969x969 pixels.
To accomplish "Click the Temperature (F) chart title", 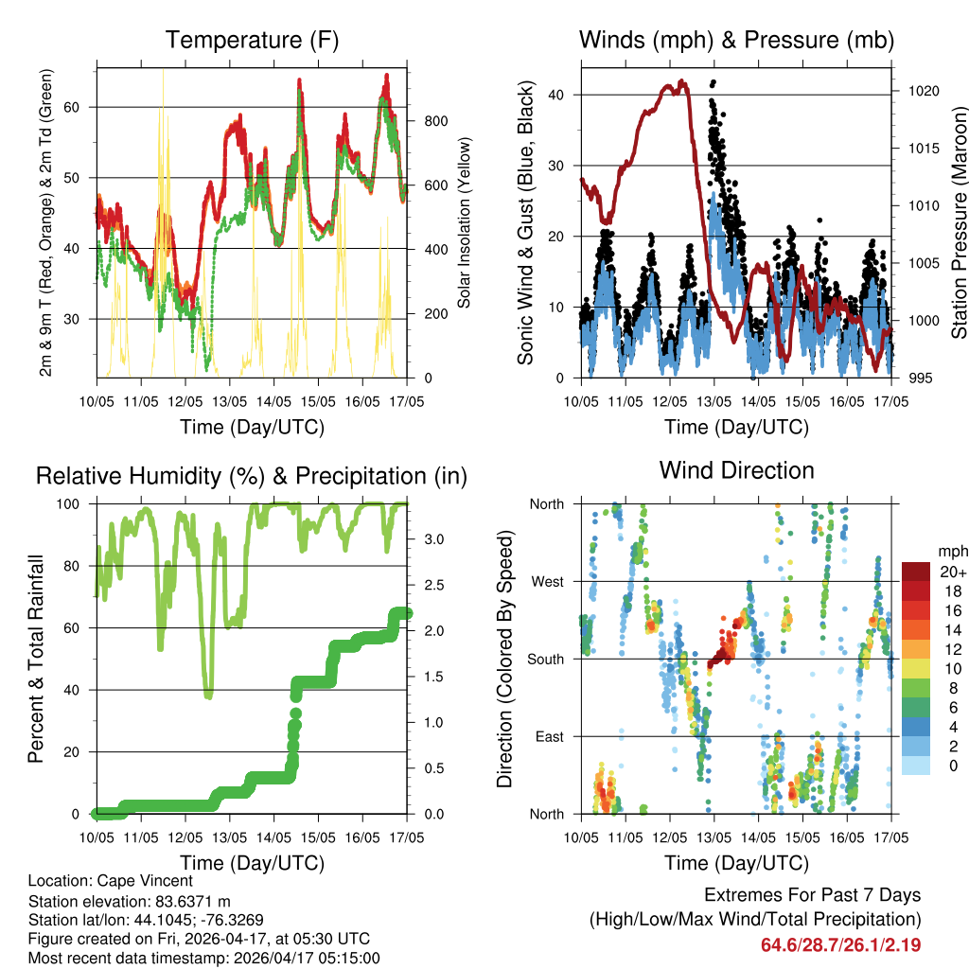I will tap(252, 40).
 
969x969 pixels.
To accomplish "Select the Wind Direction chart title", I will tap(736, 469).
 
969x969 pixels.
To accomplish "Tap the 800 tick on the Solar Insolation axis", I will tap(435, 121).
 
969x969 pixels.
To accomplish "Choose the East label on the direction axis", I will tap(548, 736).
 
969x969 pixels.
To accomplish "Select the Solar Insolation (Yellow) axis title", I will tap(465, 223).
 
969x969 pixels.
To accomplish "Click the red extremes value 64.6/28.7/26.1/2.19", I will tap(840, 944).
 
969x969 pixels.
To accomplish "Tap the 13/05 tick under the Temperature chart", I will tap(229, 401).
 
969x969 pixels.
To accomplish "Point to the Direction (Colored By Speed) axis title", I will tap(504, 658).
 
